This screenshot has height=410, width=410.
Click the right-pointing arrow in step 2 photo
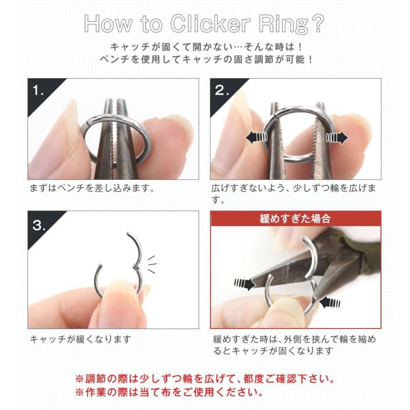click(337, 137)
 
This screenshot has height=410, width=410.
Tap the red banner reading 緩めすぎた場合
click(296, 219)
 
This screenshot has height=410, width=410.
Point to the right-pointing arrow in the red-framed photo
click(245, 284)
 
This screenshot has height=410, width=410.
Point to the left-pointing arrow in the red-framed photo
click(329, 301)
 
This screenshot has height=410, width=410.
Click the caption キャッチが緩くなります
click(81, 339)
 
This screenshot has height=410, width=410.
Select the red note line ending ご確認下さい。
click(205, 378)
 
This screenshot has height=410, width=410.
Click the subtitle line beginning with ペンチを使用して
click(205, 59)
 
